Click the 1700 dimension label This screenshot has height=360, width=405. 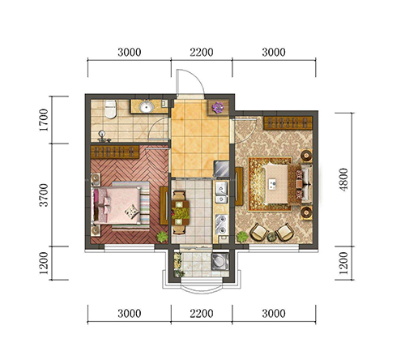44,120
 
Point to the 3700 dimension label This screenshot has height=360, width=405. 44,195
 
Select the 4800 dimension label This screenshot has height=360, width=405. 343,180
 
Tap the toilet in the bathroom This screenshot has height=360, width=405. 110,109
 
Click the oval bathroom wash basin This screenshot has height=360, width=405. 147,106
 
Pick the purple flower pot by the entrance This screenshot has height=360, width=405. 218,108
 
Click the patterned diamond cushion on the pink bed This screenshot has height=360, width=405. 132,211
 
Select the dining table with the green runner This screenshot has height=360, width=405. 181,212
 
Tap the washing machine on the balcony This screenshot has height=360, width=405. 220,261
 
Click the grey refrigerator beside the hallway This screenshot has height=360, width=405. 221,169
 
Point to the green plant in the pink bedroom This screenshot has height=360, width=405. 162,237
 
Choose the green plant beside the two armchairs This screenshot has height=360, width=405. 242,237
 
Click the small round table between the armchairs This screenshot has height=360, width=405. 272,237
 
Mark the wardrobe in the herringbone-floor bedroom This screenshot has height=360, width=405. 115,152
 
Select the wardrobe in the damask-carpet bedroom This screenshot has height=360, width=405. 288,123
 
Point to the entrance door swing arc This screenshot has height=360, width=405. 197,76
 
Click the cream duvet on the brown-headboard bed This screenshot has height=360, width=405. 275,184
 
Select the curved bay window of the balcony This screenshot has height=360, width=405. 201,289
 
